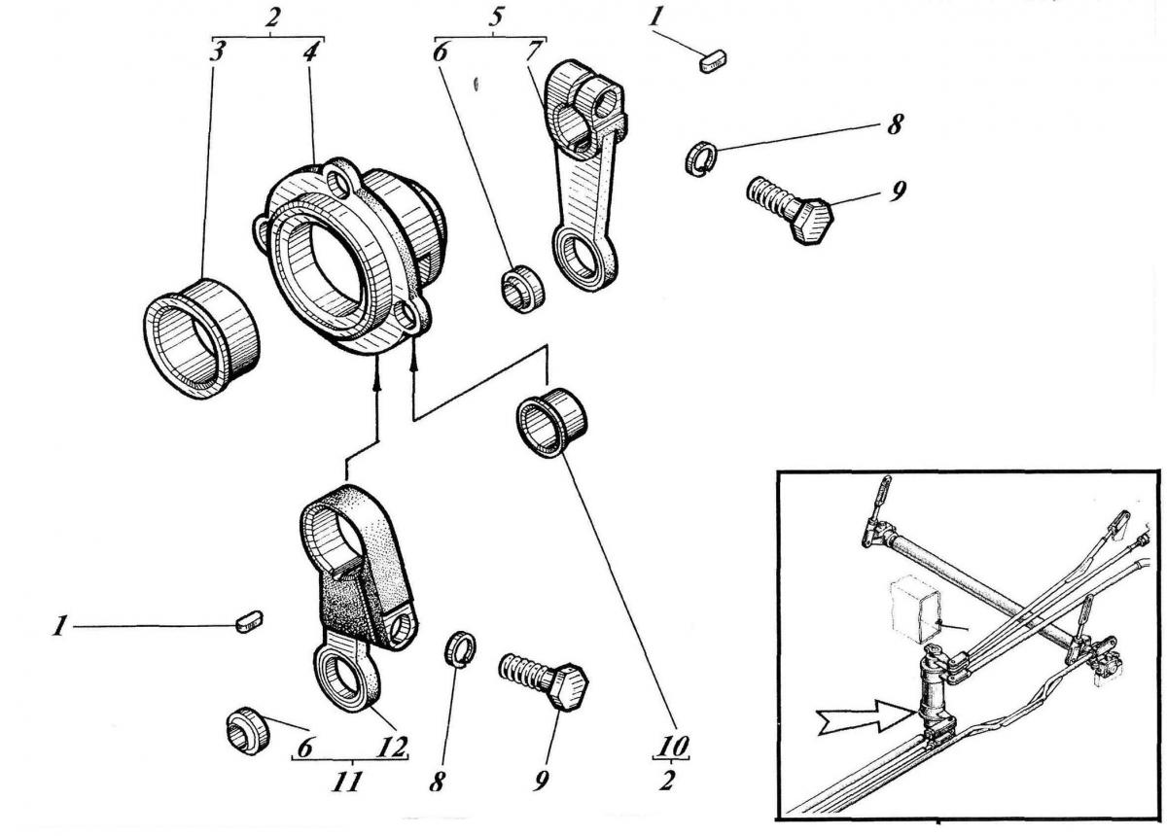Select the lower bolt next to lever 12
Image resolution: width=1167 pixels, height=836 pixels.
click(545, 680)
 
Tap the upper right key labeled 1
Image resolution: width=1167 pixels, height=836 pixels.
click(712, 63)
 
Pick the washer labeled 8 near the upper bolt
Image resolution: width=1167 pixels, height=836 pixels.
click(700, 158)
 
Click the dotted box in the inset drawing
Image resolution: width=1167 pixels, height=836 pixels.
click(914, 608)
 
